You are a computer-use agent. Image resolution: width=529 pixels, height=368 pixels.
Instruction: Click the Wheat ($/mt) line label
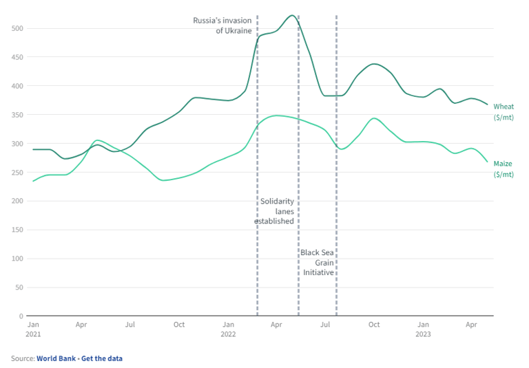point(504,111)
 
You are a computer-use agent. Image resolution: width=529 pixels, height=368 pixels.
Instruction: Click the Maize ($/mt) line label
point(504,169)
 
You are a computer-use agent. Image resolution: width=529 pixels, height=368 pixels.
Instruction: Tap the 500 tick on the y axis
point(19,28)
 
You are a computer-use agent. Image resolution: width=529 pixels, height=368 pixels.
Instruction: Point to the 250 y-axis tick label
point(19,172)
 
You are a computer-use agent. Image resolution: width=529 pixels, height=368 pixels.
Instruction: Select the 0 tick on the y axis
point(21,316)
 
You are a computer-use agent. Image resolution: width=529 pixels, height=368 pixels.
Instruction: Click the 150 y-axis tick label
point(19,230)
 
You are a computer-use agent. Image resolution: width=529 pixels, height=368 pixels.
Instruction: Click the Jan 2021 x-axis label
point(33,329)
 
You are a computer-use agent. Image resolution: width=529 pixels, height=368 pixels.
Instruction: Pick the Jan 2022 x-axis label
point(228,329)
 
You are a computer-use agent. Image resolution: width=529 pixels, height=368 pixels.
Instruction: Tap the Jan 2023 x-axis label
point(423,329)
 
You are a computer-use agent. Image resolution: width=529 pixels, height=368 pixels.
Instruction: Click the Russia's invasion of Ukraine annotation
point(222,25)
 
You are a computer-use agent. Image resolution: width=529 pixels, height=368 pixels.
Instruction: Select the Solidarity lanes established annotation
point(275,211)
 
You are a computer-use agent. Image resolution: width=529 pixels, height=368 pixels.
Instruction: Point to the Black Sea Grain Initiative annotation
point(318,262)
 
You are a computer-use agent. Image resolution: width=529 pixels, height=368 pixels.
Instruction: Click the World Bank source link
point(56,358)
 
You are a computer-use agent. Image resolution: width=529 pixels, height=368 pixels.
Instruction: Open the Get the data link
point(102,358)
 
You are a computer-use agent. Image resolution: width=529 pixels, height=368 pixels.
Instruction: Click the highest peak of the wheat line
point(291,15)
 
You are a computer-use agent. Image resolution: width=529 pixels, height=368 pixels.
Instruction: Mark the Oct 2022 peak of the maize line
point(373,118)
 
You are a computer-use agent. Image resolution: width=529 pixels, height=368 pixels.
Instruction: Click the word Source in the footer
point(22,358)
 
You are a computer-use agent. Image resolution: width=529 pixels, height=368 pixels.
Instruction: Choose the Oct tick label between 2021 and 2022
point(179,324)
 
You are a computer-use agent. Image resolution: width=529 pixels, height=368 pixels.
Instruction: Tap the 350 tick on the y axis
point(19,115)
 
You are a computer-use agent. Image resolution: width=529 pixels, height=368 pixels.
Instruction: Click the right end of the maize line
point(488,162)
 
